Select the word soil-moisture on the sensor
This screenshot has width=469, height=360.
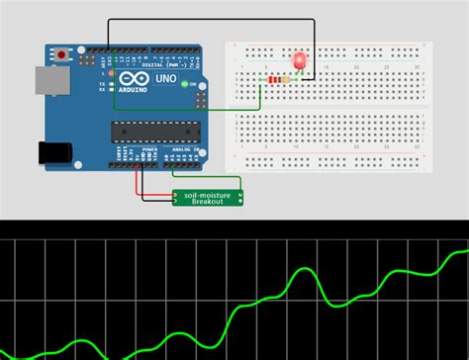[x=208, y=195]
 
